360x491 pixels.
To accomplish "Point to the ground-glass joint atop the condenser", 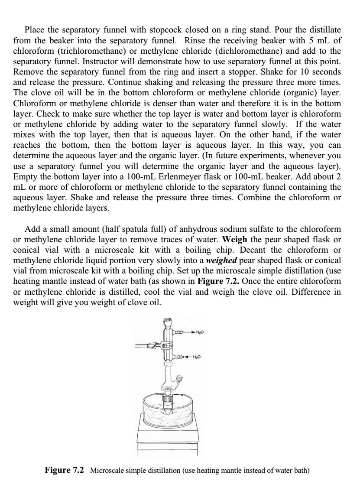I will (x=167, y=322).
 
